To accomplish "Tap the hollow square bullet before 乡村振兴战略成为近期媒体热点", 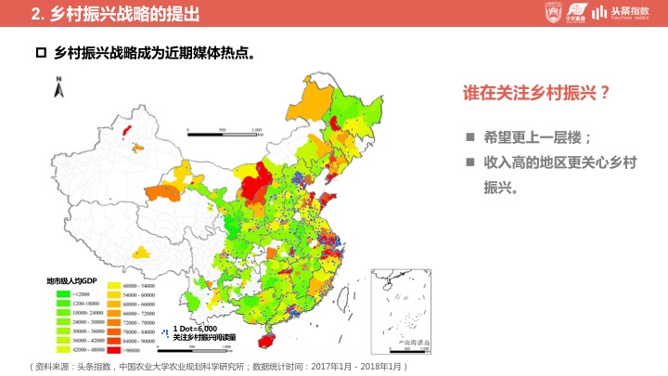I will pos(40,53).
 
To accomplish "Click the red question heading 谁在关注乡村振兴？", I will pos(536,93).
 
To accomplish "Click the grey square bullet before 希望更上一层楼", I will pos(470,137).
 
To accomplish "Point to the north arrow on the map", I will pos(58,89).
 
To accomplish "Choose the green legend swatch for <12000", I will pos(63,293).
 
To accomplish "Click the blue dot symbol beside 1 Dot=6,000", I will pos(164,332).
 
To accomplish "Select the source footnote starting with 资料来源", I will pos(218,367).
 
